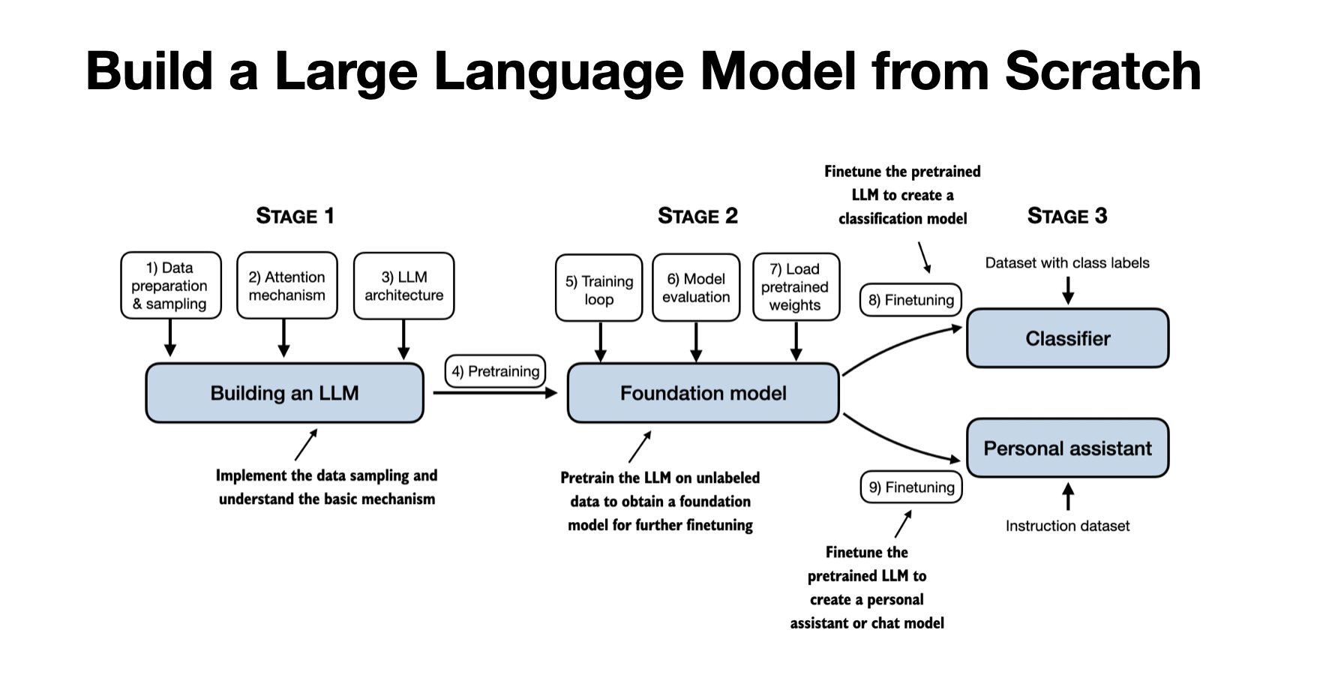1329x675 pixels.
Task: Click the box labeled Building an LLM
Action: (284, 393)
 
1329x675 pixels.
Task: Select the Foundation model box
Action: (703, 393)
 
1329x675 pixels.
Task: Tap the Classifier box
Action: (1067, 338)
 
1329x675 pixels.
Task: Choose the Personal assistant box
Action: (1067, 448)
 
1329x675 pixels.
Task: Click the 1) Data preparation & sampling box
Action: (170, 286)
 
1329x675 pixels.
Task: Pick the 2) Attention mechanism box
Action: (286, 286)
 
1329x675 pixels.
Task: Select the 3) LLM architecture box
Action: (403, 286)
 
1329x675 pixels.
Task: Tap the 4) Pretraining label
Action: (495, 371)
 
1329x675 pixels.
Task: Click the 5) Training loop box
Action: (598, 289)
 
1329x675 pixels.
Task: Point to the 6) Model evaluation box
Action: (696, 288)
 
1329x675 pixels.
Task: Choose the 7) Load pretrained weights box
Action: (795, 287)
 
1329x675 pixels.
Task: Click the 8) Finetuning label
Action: (910, 300)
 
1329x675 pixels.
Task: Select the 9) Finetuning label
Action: (910, 487)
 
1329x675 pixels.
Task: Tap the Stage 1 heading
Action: (295, 216)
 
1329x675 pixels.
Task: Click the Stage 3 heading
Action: (1066, 216)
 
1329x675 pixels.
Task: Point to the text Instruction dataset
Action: (1066, 526)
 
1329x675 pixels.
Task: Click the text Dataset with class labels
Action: (1066, 262)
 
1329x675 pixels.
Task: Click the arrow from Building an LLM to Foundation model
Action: (495, 392)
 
